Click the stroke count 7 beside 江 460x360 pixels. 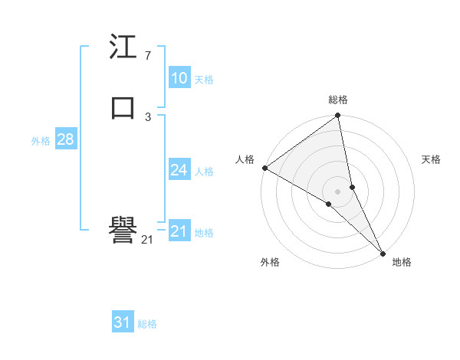[x=147, y=56]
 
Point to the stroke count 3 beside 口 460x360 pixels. [x=147, y=116]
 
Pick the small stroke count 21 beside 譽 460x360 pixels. [x=147, y=240]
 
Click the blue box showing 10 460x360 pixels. [x=179, y=78]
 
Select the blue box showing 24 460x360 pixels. [x=179, y=170]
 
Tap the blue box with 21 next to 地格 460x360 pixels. [x=179, y=231]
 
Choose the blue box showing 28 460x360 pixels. [x=65, y=139]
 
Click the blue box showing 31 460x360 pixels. [x=123, y=322]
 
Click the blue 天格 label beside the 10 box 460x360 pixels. [x=204, y=80]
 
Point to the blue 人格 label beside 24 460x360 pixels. [x=204, y=172]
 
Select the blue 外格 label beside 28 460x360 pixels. [x=41, y=141]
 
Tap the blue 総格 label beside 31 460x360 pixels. [x=147, y=324]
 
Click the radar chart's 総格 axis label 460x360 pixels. [x=338, y=100]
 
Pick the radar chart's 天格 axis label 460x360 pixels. [x=431, y=159]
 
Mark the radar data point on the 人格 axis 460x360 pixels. [x=264, y=168]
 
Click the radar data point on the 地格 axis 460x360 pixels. [x=382, y=252]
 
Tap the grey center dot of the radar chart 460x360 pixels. [x=338, y=191]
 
